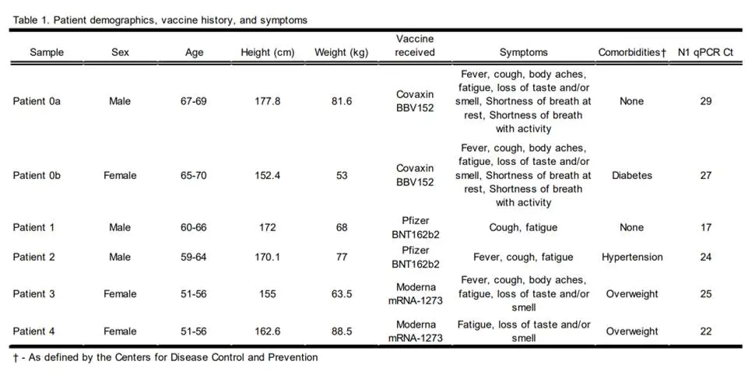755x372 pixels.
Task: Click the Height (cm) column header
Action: (268, 52)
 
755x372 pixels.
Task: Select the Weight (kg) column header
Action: (342, 52)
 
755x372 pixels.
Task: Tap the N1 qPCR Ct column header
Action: (705, 52)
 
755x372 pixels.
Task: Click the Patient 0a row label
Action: (37, 101)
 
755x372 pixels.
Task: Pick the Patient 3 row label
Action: (33, 293)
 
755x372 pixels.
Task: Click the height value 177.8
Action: (268, 101)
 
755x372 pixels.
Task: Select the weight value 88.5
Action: (342, 331)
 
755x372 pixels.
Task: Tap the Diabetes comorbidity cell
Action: (632, 175)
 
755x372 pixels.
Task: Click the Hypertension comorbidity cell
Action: (632, 257)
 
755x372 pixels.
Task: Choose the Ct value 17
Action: (705, 227)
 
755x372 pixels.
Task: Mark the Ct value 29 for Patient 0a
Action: (705, 101)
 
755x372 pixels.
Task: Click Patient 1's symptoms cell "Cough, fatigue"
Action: (523, 227)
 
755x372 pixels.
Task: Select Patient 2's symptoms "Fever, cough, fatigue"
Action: (523, 257)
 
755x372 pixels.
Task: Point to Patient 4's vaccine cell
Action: (415, 331)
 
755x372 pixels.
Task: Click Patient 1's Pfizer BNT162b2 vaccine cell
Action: (415, 227)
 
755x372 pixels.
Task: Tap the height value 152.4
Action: (268, 175)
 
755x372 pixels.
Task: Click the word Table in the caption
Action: (24, 20)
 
